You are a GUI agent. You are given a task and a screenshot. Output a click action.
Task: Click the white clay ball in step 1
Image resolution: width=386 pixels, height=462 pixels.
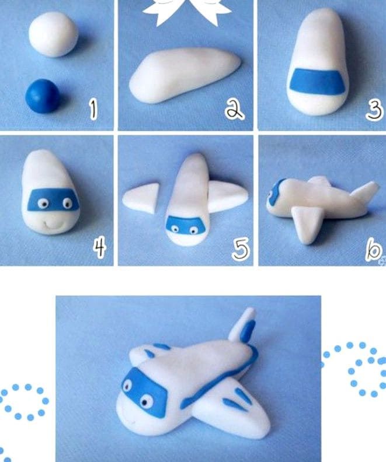coord(53,34)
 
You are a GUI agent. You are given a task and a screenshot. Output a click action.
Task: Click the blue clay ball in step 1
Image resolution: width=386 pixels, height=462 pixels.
coord(43,96)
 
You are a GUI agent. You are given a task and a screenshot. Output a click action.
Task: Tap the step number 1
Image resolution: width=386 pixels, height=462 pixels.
coord(93,110)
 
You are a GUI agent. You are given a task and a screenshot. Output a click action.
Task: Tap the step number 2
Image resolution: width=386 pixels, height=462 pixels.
coord(234,109)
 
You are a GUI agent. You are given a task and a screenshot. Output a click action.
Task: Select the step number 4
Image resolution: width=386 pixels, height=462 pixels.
coord(99,248)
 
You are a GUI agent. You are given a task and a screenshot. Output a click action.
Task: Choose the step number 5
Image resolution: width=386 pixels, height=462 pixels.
coord(241,249)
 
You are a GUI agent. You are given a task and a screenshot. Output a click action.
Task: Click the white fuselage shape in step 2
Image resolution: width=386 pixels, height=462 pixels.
coord(185,75)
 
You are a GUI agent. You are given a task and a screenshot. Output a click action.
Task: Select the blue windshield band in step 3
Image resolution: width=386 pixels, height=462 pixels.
coord(318,82)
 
